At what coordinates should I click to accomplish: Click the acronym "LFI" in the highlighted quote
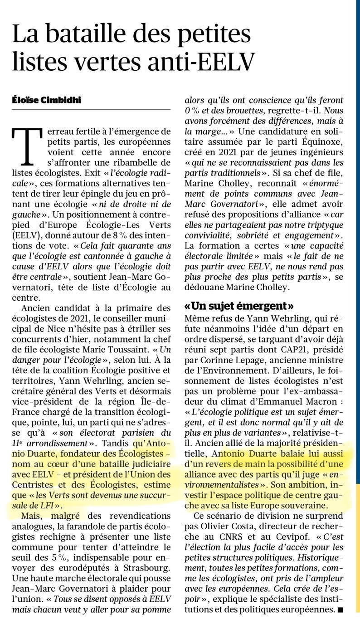[x=46, y=505]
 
